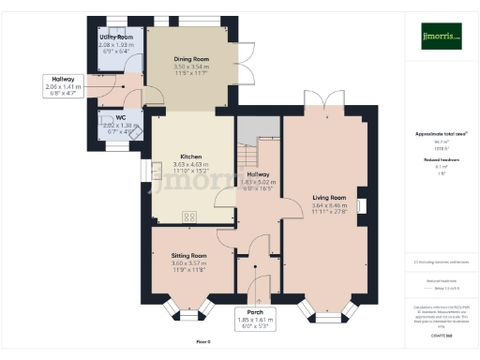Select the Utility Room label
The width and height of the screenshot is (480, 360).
pos(116,37)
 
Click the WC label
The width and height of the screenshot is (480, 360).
pos(120,117)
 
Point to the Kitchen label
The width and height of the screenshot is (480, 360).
pos(190,156)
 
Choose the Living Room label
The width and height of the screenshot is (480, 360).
pos(329,198)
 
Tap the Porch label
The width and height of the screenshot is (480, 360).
pos(255,311)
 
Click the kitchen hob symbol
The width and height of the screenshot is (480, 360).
pos(189,217)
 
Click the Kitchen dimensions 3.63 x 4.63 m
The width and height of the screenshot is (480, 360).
pos(190,164)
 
